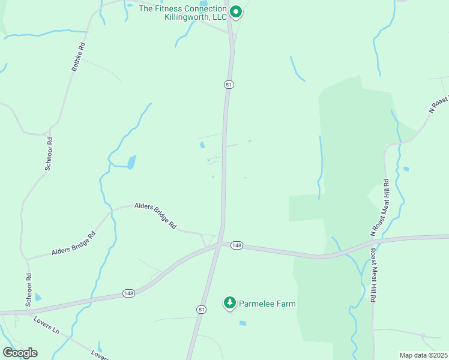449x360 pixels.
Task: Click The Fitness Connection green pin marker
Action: [236, 12]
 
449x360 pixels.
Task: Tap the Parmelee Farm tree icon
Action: [229, 304]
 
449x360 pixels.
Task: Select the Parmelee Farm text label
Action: [268, 304]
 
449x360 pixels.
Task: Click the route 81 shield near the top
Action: [229, 85]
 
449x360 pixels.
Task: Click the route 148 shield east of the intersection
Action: [237, 245]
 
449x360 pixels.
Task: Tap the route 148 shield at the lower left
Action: [128, 293]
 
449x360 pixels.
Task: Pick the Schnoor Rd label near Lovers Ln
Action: [28, 290]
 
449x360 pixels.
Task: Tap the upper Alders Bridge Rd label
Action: [155, 215]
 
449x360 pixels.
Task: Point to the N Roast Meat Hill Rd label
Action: [380, 207]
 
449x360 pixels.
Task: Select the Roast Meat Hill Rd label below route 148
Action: [373, 275]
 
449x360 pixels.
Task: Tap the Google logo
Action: [20, 353]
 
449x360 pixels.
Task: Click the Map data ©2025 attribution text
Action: [423, 355]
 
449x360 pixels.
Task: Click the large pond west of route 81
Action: [131, 162]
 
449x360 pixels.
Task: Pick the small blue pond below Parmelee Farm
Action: [243, 323]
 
